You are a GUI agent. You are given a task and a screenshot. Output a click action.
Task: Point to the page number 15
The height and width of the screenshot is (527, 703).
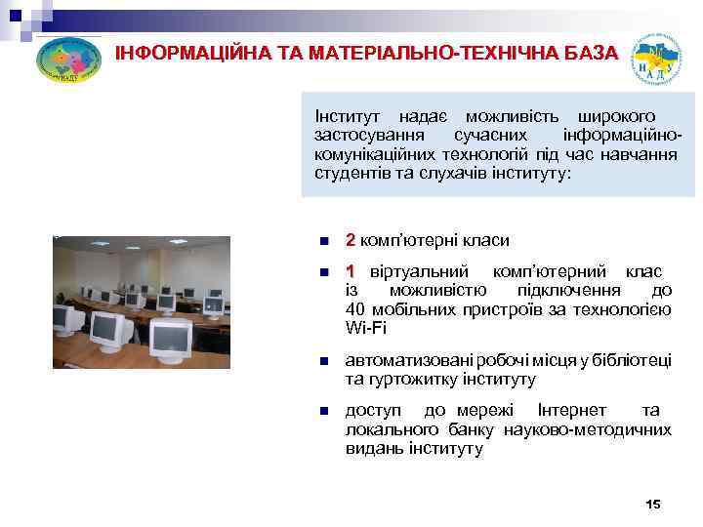(653, 504)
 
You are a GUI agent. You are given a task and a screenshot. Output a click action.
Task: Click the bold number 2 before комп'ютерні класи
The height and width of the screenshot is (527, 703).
(351, 240)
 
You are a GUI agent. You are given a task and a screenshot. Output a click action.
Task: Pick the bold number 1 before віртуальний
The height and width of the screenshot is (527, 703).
(351, 270)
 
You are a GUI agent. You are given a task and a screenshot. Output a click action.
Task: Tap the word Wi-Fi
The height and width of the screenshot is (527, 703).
(365, 328)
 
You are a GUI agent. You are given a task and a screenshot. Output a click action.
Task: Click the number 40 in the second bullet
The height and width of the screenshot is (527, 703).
(355, 309)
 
